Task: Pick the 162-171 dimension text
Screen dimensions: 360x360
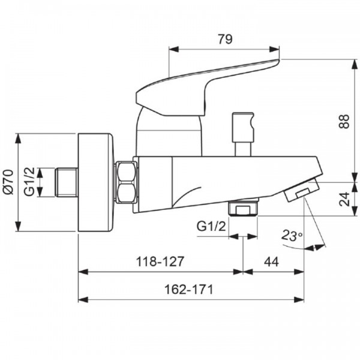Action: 189,289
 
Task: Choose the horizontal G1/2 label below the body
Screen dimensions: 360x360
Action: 211,226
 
